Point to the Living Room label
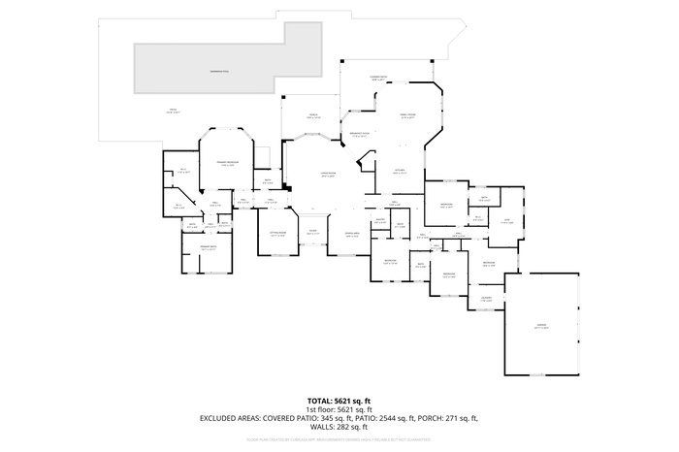click(x=328, y=176)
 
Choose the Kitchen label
click(x=399, y=172)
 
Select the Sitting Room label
click(x=277, y=234)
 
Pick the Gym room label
click(x=505, y=222)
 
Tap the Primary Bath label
click(x=208, y=248)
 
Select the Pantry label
click(x=380, y=222)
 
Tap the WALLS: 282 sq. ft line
click(x=339, y=427)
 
